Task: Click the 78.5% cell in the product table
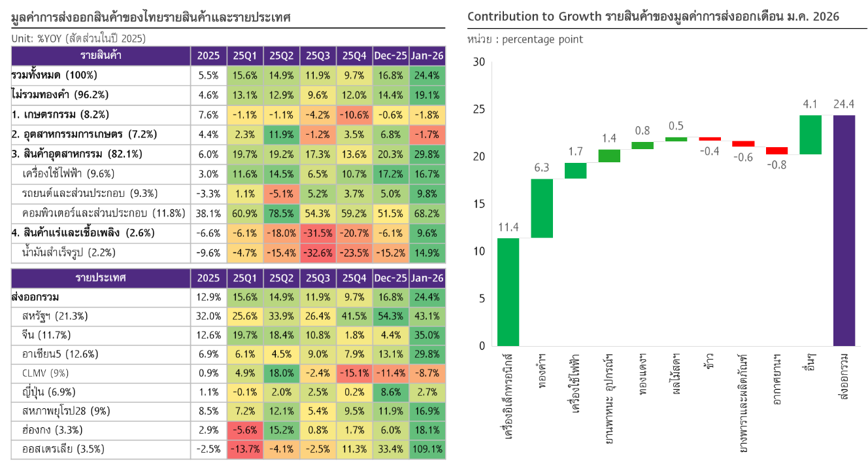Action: tap(282, 214)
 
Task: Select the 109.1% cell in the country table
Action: tap(427, 450)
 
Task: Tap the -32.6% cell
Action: tap(318, 253)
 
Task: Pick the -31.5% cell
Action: tap(318, 234)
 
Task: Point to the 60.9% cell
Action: tap(245, 214)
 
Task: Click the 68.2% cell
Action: tap(427, 214)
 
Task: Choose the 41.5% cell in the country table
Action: tap(354, 317)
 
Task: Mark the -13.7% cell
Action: tap(245, 450)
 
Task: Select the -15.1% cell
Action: tap(354, 373)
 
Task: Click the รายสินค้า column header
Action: tap(101, 56)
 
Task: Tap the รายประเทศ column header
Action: tap(101, 278)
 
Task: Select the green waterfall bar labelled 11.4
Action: tap(509, 292)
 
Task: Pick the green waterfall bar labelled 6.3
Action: tap(542, 208)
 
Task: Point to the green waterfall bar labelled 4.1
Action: tap(810, 135)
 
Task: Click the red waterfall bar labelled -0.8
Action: tap(777, 150)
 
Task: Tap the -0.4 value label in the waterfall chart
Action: tap(710, 151)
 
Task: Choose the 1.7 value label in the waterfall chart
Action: tap(576, 152)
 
